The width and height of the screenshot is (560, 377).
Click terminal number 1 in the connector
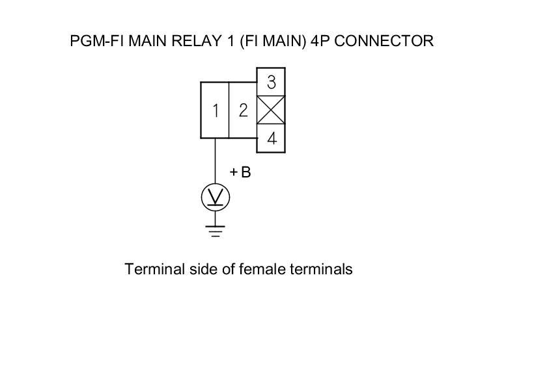215,110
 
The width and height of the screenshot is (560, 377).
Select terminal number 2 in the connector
243,110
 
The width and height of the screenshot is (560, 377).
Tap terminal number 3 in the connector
271,82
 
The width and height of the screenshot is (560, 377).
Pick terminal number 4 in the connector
271,138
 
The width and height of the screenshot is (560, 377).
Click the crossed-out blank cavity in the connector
271,110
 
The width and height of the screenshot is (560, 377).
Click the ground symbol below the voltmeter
216,231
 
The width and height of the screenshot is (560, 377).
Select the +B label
240,172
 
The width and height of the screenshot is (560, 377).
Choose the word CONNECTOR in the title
384,41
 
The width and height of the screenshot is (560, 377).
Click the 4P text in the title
320,41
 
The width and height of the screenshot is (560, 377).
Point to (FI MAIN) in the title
273,41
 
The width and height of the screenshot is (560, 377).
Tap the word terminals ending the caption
322,269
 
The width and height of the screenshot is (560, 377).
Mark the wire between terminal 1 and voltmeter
216,161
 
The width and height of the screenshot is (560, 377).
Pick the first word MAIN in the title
148,41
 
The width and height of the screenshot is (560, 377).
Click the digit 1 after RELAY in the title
231,41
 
